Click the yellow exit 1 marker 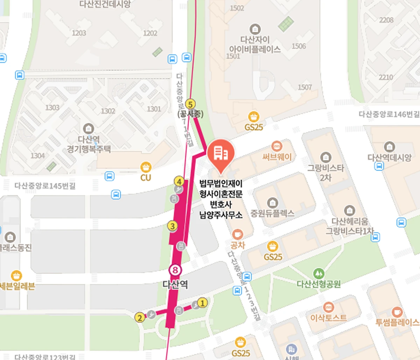(202, 303)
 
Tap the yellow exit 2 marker (140, 318)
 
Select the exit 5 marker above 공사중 (190, 104)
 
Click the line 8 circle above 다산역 (175, 270)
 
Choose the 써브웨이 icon (276, 146)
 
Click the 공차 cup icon (238, 234)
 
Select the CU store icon (146, 167)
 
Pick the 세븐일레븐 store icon (16, 276)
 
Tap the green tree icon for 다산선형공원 (318, 273)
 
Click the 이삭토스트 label (329, 318)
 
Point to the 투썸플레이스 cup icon (397, 311)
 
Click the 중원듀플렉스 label (272, 213)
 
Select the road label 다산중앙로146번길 (388, 114)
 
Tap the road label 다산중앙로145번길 (45, 186)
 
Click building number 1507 (304, 87)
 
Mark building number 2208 (386, 20)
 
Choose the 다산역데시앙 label (389, 158)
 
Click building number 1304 (37, 155)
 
